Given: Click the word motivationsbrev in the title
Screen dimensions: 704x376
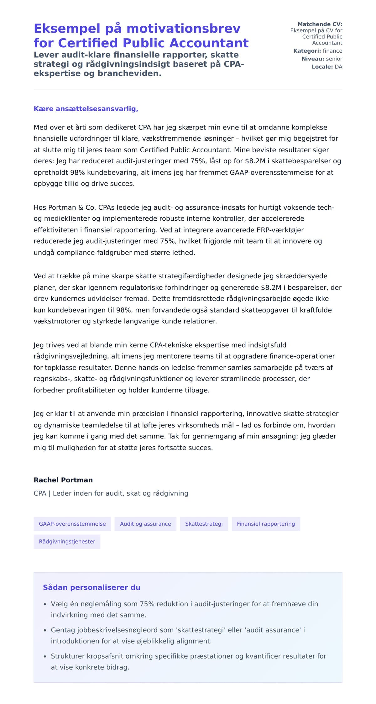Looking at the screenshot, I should tap(184, 29).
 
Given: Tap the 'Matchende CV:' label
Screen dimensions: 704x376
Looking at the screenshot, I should tap(320, 24).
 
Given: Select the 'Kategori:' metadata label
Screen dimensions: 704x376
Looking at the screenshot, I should tap(307, 51).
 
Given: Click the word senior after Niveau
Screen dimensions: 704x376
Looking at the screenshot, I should tap(334, 59).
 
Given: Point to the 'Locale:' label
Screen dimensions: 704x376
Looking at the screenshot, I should tap(322, 67).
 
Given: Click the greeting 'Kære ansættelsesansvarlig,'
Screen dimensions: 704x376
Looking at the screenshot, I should tap(86, 109).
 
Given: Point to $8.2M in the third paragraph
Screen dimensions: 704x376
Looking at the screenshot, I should tap(271, 288).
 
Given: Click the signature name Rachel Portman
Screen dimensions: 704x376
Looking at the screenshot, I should tap(63, 480).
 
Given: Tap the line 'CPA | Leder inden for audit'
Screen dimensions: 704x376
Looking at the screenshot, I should tap(111, 493).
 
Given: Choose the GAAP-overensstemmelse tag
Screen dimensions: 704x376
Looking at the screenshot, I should tap(72, 524).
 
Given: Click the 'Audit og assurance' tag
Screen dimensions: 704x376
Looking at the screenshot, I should tap(145, 524).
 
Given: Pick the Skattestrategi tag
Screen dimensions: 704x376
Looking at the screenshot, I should tap(204, 524).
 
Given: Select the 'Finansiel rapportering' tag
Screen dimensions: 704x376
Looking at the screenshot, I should tap(266, 524).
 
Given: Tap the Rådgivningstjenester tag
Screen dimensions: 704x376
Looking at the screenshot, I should tap(67, 542).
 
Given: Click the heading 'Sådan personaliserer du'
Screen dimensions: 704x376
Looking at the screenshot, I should tap(91, 587).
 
